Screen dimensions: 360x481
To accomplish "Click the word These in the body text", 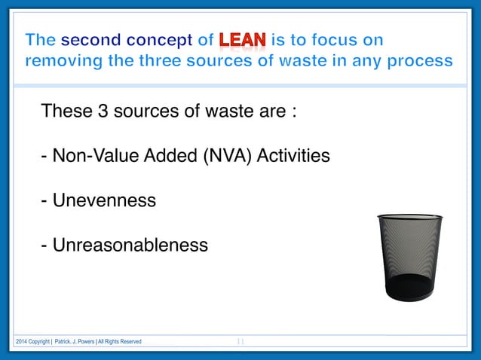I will pos(67,112).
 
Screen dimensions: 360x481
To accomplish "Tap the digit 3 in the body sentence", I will pos(104,112).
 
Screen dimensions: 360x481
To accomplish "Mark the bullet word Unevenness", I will pos(104,201).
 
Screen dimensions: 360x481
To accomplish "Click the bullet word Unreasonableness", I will pos(130,246).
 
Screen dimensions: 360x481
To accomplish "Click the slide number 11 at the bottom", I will pos(240,342).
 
